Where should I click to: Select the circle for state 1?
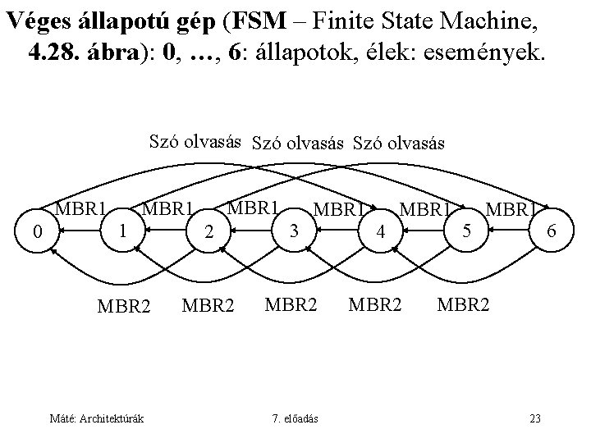point(121,230)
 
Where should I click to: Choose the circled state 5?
point(466,231)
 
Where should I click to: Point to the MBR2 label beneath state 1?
point(124,307)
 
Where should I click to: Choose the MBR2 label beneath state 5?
point(465,305)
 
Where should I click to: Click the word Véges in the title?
point(41,22)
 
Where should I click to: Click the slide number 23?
point(535,419)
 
